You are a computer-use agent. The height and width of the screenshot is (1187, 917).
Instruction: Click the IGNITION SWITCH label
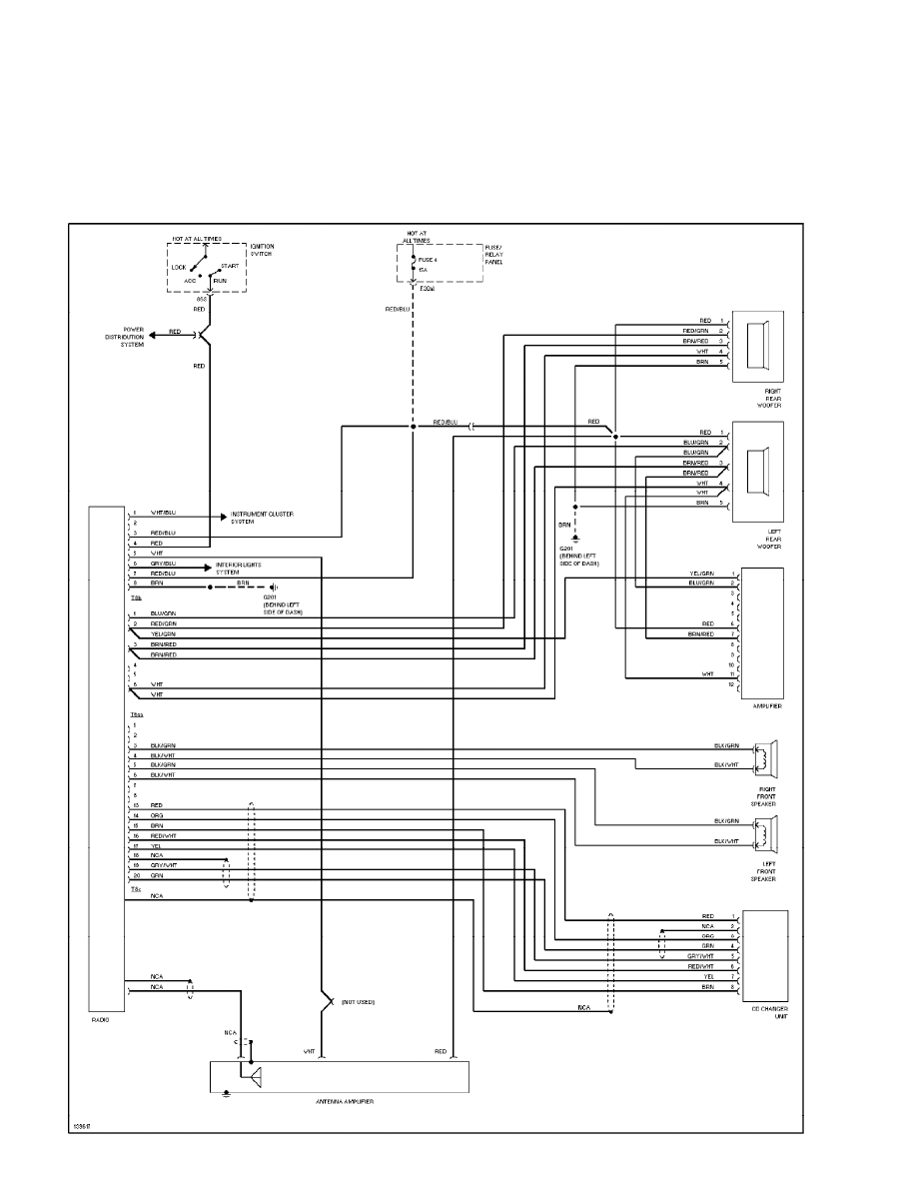pyautogui.click(x=262, y=250)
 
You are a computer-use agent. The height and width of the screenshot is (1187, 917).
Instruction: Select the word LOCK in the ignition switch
pyautogui.click(x=178, y=267)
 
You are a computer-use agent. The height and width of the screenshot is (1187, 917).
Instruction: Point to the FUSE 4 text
pyautogui.click(x=428, y=260)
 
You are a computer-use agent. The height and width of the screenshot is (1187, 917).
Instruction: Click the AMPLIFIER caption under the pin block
pyautogui.click(x=766, y=705)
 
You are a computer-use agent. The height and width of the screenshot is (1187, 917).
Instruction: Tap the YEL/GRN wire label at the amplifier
pyautogui.click(x=702, y=574)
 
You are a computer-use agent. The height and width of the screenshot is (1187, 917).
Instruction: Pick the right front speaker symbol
pyautogui.click(x=767, y=756)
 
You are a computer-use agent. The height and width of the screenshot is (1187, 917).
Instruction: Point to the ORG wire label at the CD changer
pyautogui.click(x=708, y=936)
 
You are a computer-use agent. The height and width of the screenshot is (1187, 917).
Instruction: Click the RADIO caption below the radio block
pyautogui.click(x=100, y=1020)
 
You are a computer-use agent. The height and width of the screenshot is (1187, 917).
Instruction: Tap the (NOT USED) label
pyautogui.click(x=358, y=1001)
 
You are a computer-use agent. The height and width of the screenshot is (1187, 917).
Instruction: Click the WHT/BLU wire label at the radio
pyautogui.click(x=163, y=513)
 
